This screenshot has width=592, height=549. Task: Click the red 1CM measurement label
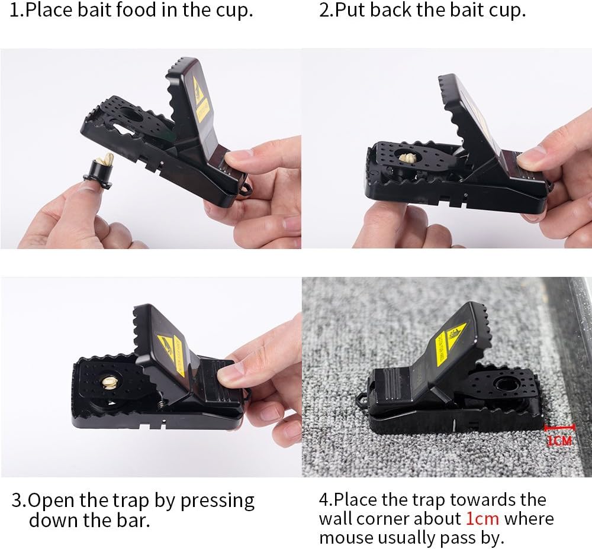pyautogui.click(x=559, y=440)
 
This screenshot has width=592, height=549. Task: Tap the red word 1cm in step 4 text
pyautogui.click(x=482, y=519)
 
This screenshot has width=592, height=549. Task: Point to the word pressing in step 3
pyautogui.click(x=217, y=500)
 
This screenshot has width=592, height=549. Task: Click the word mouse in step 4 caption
pyautogui.click(x=345, y=538)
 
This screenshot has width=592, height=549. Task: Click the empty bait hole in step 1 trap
pyautogui.click(x=131, y=115)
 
